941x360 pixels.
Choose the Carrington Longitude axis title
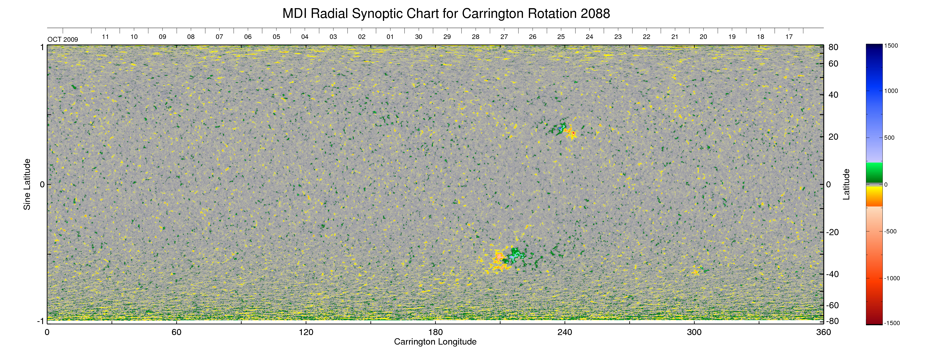point(435,342)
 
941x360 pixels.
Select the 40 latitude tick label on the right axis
point(833,95)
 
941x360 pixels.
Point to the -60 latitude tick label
point(832,305)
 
